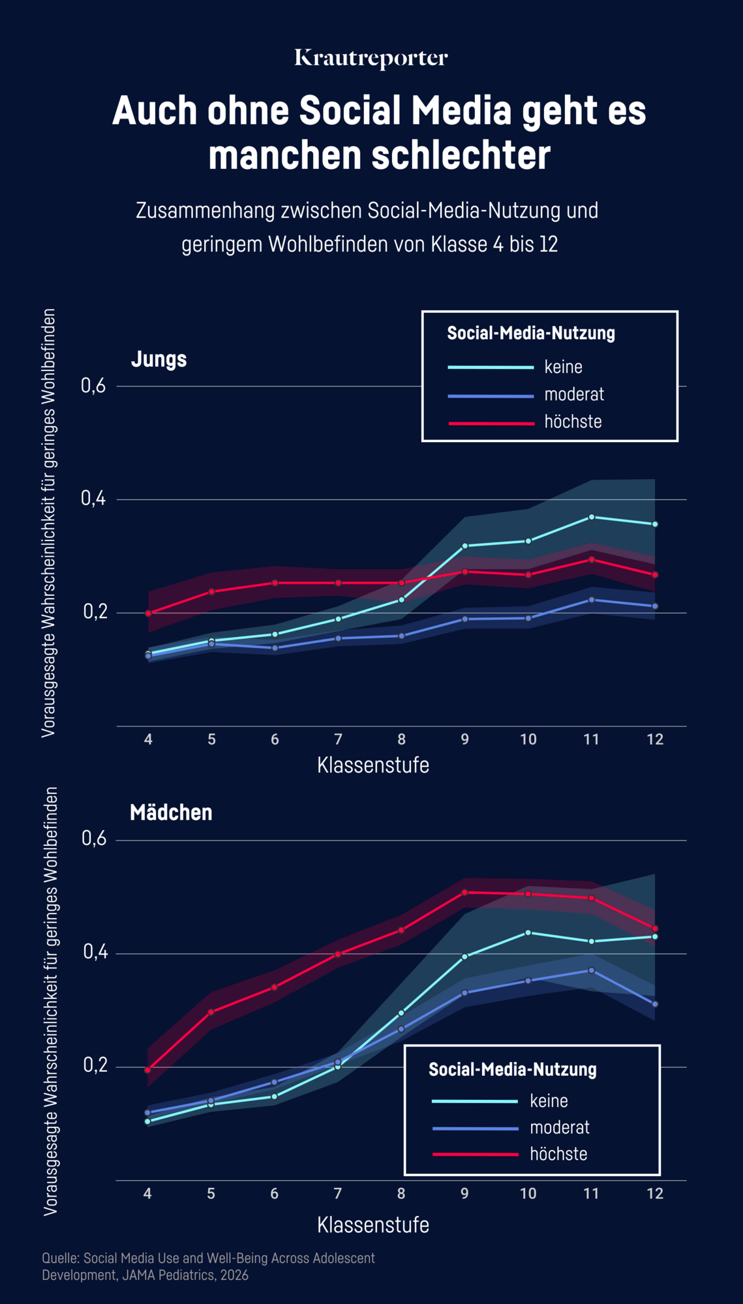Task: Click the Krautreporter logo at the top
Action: tap(371, 58)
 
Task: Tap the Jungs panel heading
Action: tap(159, 359)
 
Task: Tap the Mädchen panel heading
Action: tap(171, 812)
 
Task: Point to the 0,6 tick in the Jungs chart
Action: tap(93, 386)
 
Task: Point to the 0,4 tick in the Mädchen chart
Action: tap(95, 953)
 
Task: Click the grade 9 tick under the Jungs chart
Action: tap(464, 739)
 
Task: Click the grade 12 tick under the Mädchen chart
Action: tap(655, 1194)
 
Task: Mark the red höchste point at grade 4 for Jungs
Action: tap(148, 614)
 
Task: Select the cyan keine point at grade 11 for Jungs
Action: tap(592, 517)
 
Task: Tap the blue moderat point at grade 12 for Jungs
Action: tap(655, 606)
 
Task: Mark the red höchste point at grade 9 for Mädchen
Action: tap(464, 893)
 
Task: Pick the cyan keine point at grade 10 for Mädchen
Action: tap(528, 933)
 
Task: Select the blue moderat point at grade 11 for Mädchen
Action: tap(592, 971)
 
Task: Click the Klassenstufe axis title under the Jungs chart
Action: tap(373, 765)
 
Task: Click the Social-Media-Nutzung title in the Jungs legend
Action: tap(531, 333)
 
